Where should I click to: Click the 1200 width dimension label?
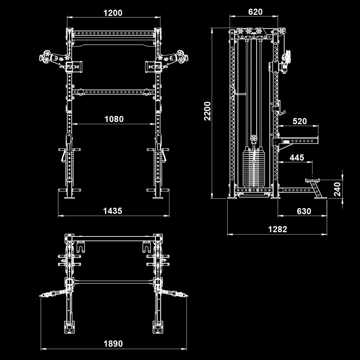tap(113, 13)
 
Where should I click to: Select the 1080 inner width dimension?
tap(114, 119)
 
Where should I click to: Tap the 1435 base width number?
tap(113, 211)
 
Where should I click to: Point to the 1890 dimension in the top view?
tap(113, 343)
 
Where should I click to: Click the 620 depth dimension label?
tap(255, 12)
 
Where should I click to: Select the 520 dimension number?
tap(300, 121)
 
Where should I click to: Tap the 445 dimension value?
tap(297, 157)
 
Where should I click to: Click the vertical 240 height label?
tap(337, 189)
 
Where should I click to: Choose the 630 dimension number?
tap(304, 211)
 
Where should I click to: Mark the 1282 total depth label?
tap(278, 229)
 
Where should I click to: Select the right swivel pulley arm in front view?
tap(174, 57)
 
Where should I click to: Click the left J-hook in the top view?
tap(81, 247)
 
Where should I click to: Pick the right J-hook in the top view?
tap(147, 247)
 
